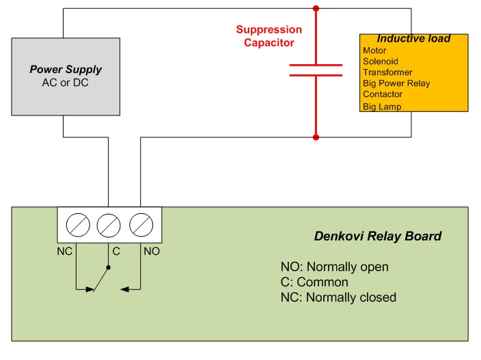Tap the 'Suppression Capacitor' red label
269,36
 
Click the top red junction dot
316,9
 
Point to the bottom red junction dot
316,137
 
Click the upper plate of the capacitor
316,66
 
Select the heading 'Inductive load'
413,38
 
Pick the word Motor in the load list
374,51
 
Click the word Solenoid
379,61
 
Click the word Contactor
383,94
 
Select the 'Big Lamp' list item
382,107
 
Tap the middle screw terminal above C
109,225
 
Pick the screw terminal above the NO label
141,225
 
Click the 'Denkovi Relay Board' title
377,236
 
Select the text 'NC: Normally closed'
338,297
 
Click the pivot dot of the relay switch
109,268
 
